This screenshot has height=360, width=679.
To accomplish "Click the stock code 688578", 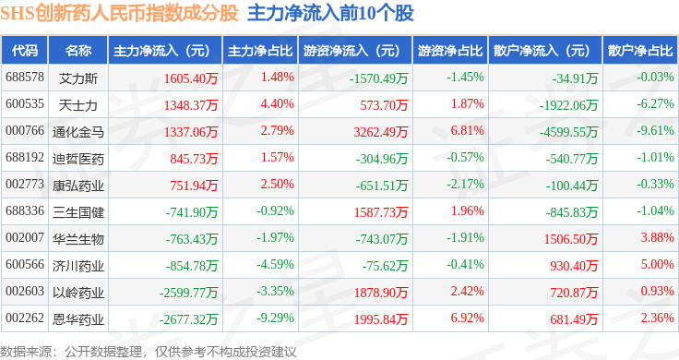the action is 25,78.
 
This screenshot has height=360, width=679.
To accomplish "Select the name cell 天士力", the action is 77,105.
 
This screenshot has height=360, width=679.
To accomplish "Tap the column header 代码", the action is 25,51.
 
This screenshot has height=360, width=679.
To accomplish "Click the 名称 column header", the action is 78,51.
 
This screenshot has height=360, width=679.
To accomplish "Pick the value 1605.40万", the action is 191,78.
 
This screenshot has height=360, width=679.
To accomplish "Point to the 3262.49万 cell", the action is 381,132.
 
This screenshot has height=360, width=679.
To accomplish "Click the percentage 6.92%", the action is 467,318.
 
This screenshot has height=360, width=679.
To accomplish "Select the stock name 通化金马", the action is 78,132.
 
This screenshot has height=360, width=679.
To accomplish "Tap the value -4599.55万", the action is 568,132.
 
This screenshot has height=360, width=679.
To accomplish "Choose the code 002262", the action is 25,318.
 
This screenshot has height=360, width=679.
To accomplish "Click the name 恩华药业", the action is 78,319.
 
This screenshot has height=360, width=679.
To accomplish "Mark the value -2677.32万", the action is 188,319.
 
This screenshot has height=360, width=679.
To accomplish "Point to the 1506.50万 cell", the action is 571,239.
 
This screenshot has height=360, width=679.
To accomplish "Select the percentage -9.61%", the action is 655,130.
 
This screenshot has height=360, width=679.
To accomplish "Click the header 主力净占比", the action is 260,51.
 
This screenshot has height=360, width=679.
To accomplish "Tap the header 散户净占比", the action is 640,51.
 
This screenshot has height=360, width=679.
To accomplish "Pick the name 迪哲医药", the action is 78,159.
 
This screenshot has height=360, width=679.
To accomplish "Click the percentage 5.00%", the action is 658,264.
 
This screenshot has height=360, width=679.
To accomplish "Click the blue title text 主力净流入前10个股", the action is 331,13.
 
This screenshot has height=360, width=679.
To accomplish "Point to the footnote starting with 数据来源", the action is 149,352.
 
